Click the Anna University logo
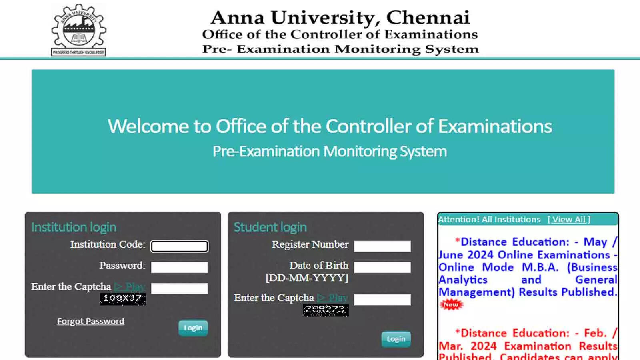(79, 30)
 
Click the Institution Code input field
(179, 246)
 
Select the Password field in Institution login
(179, 267)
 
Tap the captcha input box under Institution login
(179, 288)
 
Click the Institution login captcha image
(123, 299)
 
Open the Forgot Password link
(90, 321)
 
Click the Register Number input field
(382, 246)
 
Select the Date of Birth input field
(382, 268)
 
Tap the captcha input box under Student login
(382, 300)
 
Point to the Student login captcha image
(326, 310)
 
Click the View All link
(568, 219)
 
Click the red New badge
(451, 305)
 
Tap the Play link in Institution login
(130, 287)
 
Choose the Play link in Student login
(333, 298)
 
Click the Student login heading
(270, 227)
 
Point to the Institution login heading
(74, 227)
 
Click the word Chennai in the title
(428, 18)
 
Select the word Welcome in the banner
(148, 126)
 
